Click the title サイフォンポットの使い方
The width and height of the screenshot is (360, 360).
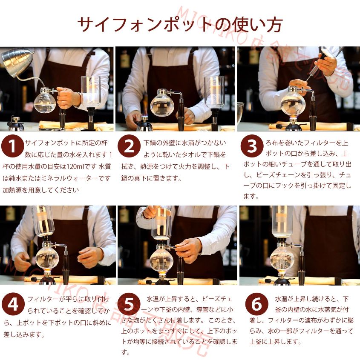pyautogui.click(x=179, y=24)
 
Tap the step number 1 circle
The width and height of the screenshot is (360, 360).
pyautogui.click(x=12, y=146)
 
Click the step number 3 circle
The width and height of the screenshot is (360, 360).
pyautogui.click(x=252, y=146)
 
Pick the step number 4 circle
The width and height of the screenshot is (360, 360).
pyautogui.click(x=12, y=305)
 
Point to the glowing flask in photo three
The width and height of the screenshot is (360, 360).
pyautogui.click(x=292, y=103)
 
